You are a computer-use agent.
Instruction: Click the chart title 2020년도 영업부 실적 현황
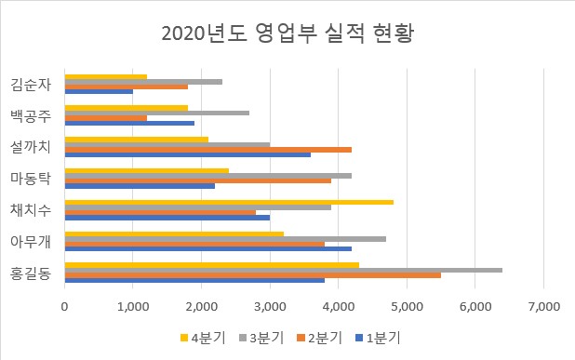click(x=287, y=34)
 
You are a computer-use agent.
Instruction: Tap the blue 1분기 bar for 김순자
click(x=99, y=91)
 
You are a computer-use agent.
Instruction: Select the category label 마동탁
click(x=31, y=178)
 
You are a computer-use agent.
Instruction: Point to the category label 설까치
click(x=31, y=147)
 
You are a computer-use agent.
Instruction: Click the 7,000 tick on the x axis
click(x=543, y=304)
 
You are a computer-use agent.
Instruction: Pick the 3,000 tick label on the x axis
click(x=270, y=304)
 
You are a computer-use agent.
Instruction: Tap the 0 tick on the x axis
click(x=64, y=304)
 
